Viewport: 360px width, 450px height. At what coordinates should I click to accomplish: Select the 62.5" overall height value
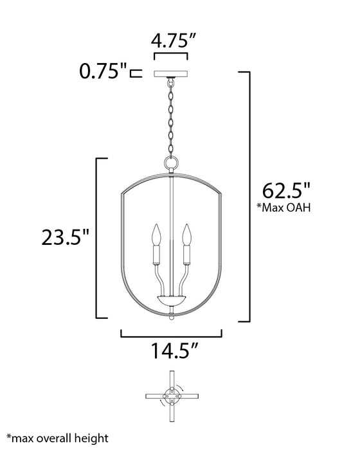tap(287, 191)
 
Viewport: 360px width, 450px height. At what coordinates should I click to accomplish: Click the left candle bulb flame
tap(154, 233)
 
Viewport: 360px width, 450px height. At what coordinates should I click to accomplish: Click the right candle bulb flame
tap(187, 233)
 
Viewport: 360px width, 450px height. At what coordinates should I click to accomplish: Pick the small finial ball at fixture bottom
tap(171, 317)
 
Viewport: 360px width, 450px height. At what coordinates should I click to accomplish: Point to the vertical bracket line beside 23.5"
tap(96, 238)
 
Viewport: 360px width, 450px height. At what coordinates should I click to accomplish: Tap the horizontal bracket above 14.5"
tap(171, 334)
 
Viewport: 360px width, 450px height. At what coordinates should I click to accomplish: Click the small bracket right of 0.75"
tap(136, 73)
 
